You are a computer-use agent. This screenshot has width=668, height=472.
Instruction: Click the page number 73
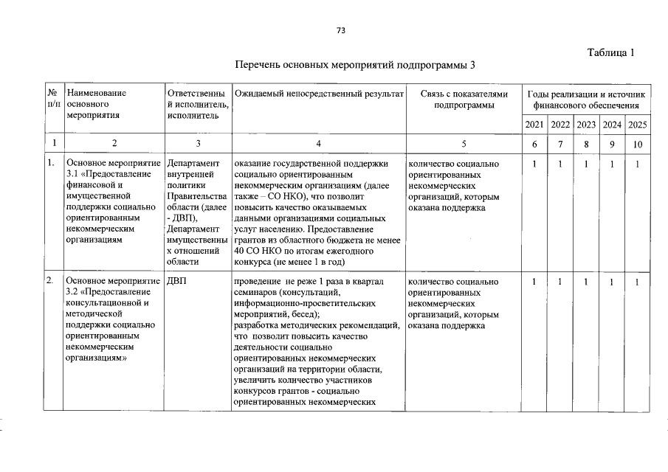tap(340, 30)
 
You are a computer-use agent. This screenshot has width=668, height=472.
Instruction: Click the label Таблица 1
tap(610, 52)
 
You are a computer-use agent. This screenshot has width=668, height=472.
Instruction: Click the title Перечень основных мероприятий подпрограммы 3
tap(354, 65)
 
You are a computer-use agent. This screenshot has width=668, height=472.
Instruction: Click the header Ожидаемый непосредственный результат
tap(318, 94)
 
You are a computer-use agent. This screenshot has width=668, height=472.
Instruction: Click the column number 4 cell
tap(318, 143)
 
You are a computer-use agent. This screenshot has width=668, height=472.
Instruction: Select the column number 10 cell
tap(637, 143)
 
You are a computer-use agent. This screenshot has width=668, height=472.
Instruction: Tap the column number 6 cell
tap(534, 143)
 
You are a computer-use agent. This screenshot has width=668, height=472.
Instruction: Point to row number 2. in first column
tap(50, 282)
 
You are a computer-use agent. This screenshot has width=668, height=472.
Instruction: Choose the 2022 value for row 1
tap(560, 164)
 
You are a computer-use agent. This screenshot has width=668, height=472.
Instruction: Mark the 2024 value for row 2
tap(612, 282)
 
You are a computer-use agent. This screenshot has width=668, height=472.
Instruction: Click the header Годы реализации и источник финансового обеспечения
tap(586, 100)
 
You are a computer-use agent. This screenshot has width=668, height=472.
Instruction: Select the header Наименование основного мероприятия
tap(96, 104)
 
